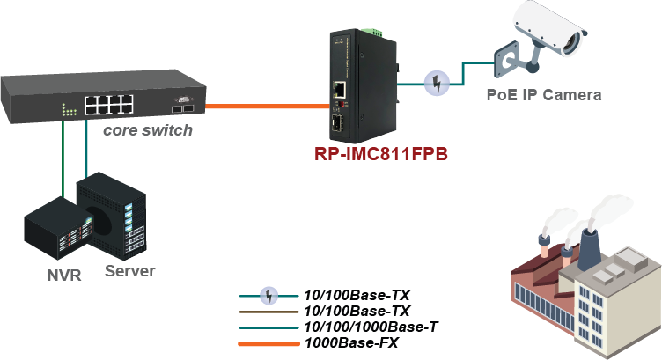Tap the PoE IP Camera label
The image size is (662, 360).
pyautogui.click(x=544, y=94)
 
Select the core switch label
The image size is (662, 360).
pyautogui.click(x=147, y=130)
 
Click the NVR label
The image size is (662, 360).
pyautogui.click(x=63, y=275)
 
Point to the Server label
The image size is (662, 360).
pyautogui.click(x=129, y=270)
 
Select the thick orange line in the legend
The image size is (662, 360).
pyautogui.click(x=268, y=343)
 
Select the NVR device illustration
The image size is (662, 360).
pyautogui.click(x=54, y=232)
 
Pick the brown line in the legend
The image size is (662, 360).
pyautogui.click(x=268, y=311)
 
